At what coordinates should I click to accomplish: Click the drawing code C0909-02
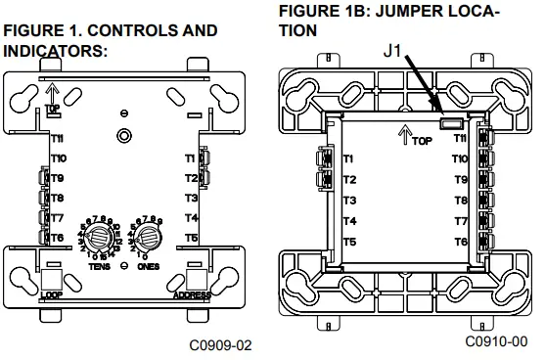[221, 345]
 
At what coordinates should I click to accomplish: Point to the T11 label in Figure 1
[59, 140]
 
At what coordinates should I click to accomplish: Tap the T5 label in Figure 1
[190, 238]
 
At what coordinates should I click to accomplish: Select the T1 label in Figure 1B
[349, 159]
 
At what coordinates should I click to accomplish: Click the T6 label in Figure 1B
[460, 242]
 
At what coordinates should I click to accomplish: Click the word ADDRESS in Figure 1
[191, 292]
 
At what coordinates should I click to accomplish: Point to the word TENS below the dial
[96, 265]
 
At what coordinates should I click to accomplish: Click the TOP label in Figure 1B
[421, 141]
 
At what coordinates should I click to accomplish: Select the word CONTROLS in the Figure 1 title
[116, 31]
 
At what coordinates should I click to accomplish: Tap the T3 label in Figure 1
[190, 198]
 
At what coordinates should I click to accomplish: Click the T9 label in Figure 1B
[460, 180]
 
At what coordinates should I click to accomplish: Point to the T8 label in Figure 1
[59, 198]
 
